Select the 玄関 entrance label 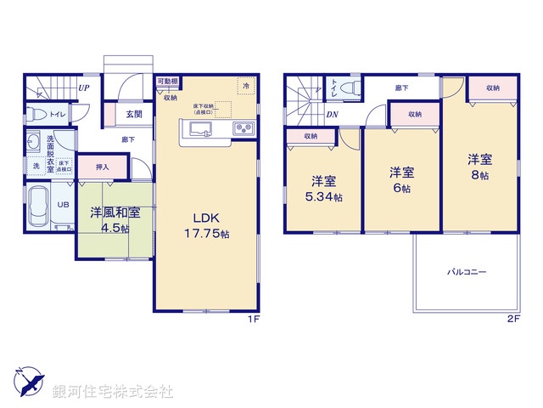tap(134, 114)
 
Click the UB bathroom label tap(63, 205)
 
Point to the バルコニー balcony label tap(467, 273)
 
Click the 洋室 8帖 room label tap(479, 166)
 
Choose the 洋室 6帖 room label tap(401, 179)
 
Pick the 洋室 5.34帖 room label tap(324, 188)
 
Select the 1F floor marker tap(252, 319)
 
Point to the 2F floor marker tap(512, 319)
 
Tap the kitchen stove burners tap(241, 129)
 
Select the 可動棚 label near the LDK tap(166, 82)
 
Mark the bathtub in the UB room tap(39, 206)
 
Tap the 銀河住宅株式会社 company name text tap(113, 392)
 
